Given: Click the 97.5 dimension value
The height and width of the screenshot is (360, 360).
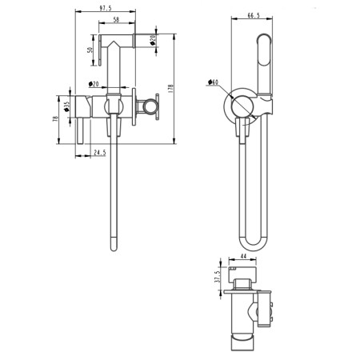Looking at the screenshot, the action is coord(106,8).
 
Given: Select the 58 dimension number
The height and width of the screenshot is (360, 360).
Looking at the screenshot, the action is coord(116,19).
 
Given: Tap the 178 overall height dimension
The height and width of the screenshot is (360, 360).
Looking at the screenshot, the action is coord(171,88).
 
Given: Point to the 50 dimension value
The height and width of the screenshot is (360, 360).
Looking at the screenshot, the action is coord(90,50).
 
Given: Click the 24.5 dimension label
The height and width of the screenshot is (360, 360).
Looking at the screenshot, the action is coord(100,153).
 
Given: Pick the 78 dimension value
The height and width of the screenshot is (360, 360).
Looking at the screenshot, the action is coord(55,118).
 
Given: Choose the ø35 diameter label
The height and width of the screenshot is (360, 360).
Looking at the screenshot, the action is coord(66,106).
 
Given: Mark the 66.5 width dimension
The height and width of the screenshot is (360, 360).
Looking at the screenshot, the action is coord(254,15).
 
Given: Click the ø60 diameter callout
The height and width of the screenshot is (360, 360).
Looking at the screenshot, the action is coord(213,82).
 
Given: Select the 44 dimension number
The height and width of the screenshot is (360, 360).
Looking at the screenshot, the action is coord(243,256).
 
